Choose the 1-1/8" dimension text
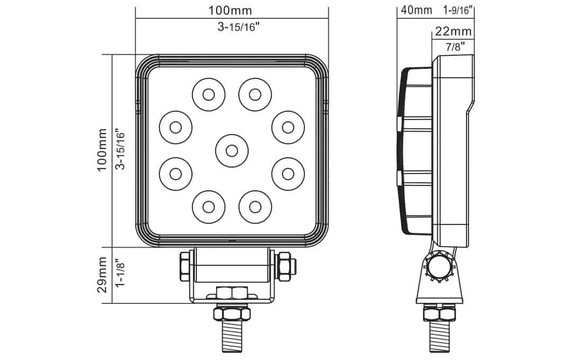120,275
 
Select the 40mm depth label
417,10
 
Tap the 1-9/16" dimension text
457,10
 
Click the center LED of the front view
231,150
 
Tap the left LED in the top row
208,94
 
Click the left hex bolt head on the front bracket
186,266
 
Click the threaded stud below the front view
231,339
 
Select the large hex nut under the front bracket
231,313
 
